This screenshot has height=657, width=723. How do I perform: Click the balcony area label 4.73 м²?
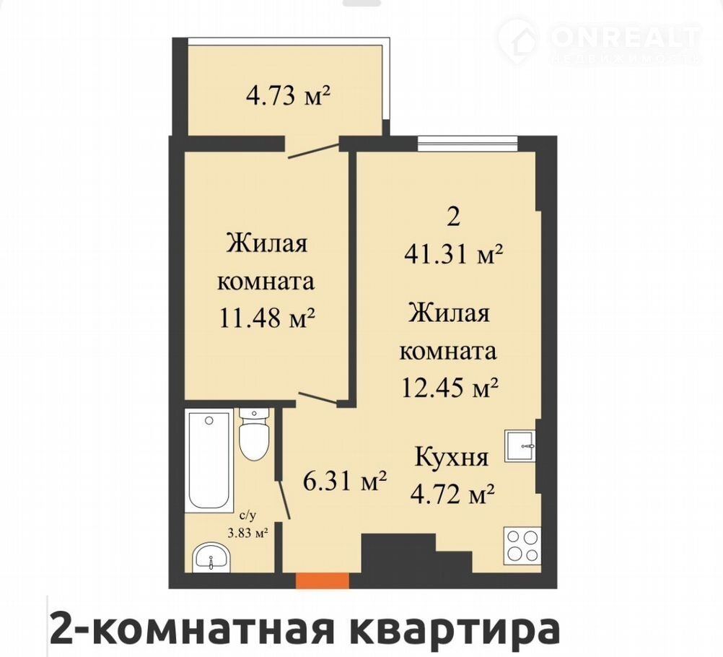click(x=289, y=96)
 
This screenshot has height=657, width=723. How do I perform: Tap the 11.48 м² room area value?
click(x=267, y=318)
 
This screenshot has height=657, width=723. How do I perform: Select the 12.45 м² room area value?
click(x=450, y=387)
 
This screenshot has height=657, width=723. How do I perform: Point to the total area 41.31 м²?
click(x=453, y=253)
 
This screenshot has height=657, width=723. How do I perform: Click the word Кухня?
click(x=452, y=458)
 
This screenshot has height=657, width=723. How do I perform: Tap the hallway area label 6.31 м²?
click(x=344, y=482)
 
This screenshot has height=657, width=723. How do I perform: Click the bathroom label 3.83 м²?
click(x=249, y=534)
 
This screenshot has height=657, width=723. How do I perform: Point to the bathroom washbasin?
click(x=210, y=556)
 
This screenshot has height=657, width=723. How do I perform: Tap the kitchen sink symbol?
click(x=520, y=445)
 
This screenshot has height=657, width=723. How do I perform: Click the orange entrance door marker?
click(x=322, y=580)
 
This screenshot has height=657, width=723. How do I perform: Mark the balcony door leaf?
click(x=314, y=152)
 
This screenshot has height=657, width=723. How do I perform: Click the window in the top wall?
click(x=468, y=144)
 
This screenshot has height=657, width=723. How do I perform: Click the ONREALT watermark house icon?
click(x=519, y=38)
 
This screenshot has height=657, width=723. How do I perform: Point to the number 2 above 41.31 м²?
click(x=454, y=217)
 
